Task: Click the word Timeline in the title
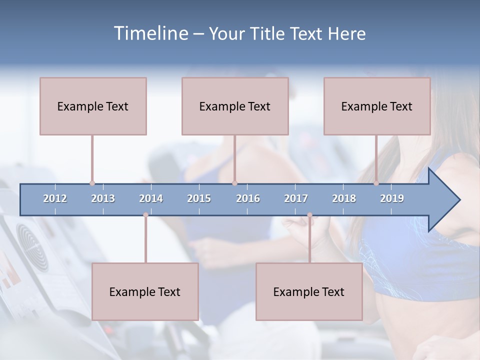[x=150, y=33]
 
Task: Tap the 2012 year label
[x=55, y=198]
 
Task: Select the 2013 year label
[x=103, y=198]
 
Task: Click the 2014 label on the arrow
[x=151, y=198]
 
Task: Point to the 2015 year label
[x=199, y=198]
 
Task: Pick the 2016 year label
[x=248, y=198]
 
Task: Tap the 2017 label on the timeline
[x=296, y=198]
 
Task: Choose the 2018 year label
[x=344, y=198]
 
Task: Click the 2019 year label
[x=392, y=198]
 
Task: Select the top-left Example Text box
[x=93, y=106]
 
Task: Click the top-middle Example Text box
[x=235, y=106]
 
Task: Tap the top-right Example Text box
[x=377, y=106]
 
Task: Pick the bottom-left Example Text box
[x=145, y=291]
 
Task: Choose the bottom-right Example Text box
[x=309, y=291]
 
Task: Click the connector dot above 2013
[x=92, y=183]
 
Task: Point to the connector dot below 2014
[x=145, y=215]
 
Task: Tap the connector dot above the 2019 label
[x=376, y=183]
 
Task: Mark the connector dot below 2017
[x=309, y=215]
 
